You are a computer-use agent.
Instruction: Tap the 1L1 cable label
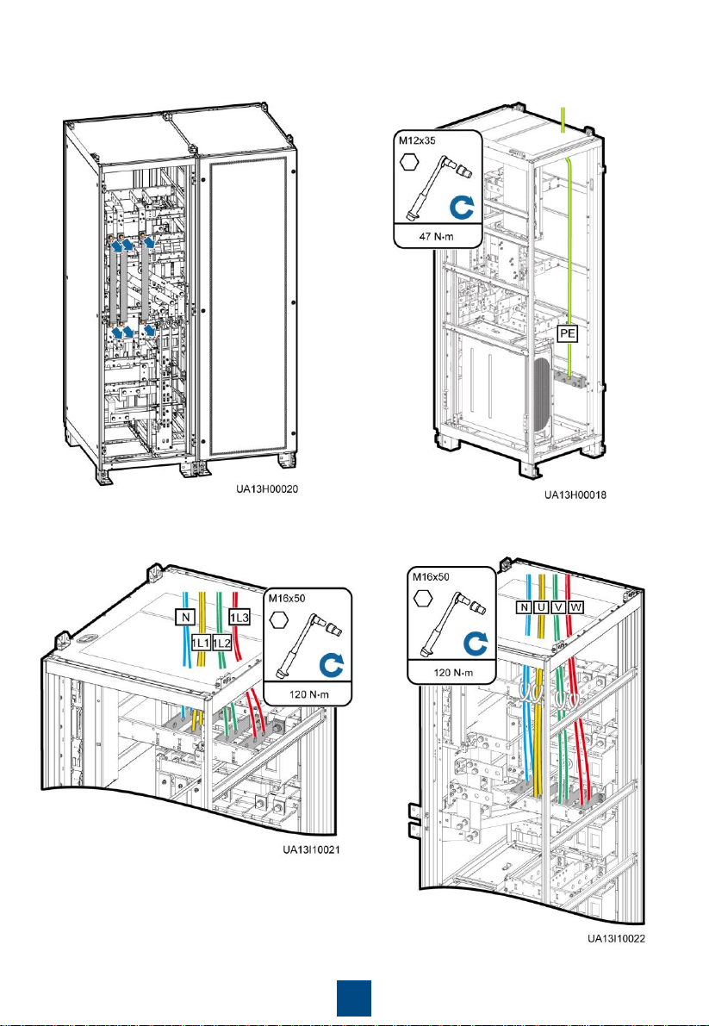pyautogui.click(x=201, y=644)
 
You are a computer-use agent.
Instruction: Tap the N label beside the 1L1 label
pyautogui.click(x=184, y=617)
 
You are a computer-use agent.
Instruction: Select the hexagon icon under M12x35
pyautogui.click(x=410, y=163)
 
